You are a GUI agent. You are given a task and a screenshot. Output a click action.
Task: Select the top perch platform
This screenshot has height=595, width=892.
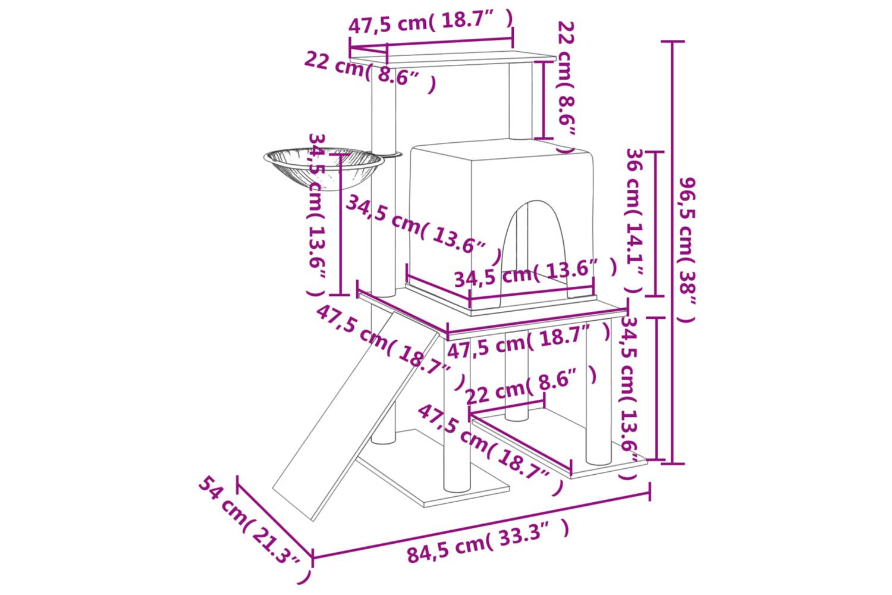[452, 59]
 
